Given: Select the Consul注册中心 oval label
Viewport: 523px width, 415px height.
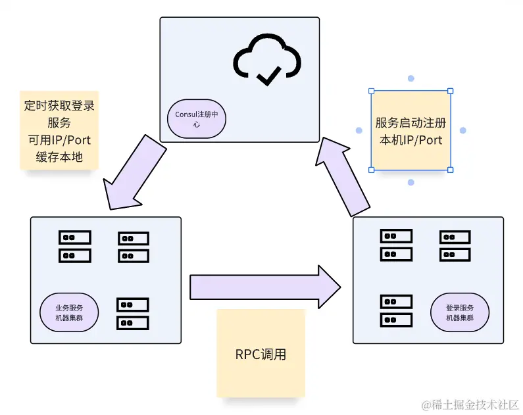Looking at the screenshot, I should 196,119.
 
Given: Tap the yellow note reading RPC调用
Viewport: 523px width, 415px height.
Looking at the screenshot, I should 261,354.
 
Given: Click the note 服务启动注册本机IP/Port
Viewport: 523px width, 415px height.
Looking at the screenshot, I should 411,131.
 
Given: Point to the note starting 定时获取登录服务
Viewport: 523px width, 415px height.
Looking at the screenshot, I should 59,130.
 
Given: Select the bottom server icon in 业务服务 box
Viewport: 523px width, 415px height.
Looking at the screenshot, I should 133,314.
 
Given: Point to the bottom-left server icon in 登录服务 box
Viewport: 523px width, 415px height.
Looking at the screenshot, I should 397,311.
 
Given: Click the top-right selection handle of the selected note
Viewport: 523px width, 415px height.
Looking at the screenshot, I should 451,91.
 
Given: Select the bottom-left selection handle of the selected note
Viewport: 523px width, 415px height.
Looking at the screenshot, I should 371,170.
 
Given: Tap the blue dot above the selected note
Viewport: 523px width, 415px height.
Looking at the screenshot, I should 411,78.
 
